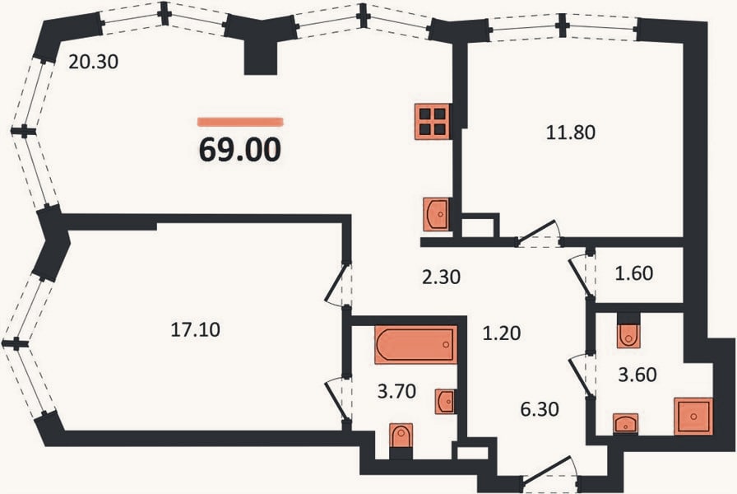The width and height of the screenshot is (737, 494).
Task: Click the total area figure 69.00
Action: point(240,150)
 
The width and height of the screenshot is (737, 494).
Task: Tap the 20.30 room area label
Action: point(93,62)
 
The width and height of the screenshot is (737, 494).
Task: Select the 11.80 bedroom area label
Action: point(571,133)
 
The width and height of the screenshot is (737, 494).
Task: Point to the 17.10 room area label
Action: point(195,330)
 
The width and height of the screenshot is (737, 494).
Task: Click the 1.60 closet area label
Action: point(634,273)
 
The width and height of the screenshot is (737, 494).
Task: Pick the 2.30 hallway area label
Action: point(441,277)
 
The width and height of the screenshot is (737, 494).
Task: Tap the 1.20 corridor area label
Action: point(502,333)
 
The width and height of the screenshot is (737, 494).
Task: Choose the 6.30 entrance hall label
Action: point(540,409)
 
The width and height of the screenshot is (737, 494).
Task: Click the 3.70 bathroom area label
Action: point(396,391)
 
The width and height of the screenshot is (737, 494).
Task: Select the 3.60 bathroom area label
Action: point(637,375)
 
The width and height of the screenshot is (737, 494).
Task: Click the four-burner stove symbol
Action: point(433,121)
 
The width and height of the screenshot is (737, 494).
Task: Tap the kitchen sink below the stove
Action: point(436,215)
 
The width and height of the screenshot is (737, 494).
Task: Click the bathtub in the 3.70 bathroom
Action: point(416,344)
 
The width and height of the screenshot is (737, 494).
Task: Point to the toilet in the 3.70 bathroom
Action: point(401,436)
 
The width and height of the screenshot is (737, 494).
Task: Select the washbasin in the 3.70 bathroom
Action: point(445,402)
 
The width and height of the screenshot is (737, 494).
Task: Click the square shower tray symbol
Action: point(693,417)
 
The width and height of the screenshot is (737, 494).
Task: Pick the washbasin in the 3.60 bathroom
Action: point(626,423)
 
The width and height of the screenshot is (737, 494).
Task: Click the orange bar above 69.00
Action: point(240,122)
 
